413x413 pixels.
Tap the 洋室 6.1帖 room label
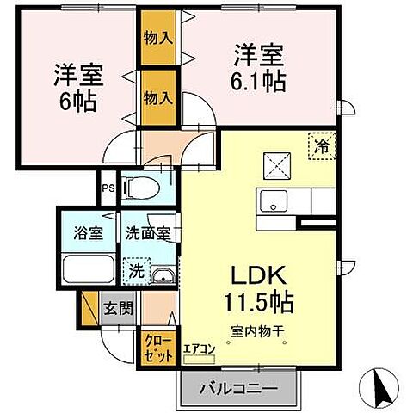point(259,70)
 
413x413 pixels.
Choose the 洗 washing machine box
point(135,270)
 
